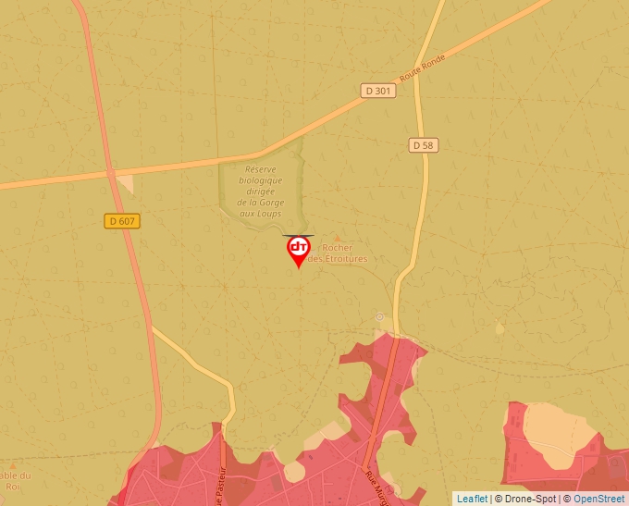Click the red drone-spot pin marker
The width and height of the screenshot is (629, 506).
(x=298, y=250)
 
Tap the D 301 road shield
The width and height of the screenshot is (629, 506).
(x=377, y=91)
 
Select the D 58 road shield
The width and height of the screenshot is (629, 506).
(x=422, y=145)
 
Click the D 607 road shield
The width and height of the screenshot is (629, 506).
(x=121, y=220)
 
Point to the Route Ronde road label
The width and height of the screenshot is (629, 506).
(x=423, y=68)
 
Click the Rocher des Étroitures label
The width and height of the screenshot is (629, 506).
(x=339, y=253)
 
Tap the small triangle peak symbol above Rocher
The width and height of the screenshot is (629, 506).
(x=337, y=239)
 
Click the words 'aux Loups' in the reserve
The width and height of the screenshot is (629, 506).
(x=261, y=214)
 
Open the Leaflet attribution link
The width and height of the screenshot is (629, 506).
(x=472, y=499)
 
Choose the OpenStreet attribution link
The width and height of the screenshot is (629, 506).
(x=598, y=499)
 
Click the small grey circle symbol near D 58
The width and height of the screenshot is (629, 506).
(x=379, y=316)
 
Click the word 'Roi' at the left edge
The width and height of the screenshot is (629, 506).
(x=12, y=487)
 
